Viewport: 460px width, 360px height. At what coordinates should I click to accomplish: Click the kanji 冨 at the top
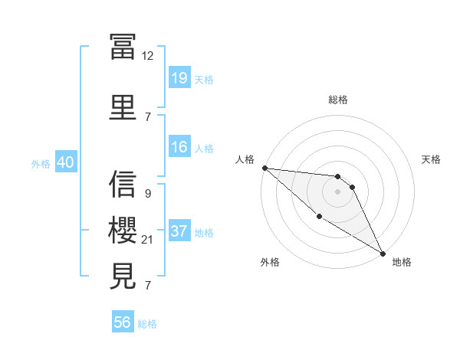pyautogui.click(x=123, y=46)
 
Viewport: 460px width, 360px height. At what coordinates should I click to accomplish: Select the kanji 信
pyautogui.click(x=123, y=184)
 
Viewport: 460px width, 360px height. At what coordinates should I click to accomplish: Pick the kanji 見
pyautogui.click(x=123, y=276)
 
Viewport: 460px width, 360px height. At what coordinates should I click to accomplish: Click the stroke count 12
pyautogui.click(x=148, y=55)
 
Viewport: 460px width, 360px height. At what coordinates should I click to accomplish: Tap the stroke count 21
pyautogui.click(x=148, y=240)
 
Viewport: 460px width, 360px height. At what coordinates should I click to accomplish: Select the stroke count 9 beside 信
pyautogui.click(x=147, y=194)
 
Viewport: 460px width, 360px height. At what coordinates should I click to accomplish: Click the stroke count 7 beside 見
pyautogui.click(x=147, y=286)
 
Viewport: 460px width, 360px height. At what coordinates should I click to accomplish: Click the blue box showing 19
pyautogui.click(x=179, y=78)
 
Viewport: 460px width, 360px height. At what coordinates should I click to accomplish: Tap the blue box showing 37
pyautogui.click(x=179, y=231)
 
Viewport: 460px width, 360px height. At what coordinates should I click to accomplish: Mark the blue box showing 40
pyautogui.click(x=64, y=162)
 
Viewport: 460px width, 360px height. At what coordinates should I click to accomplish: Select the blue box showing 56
pyautogui.click(x=122, y=322)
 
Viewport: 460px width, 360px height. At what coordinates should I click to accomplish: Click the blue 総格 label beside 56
pyautogui.click(x=147, y=323)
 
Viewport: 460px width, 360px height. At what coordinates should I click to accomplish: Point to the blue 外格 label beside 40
pyautogui.click(x=41, y=163)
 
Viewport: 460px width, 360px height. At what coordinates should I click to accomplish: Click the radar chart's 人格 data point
pyautogui.click(x=264, y=168)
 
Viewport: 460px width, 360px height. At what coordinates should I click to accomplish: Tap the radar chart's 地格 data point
pyautogui.click(x=383, y=252)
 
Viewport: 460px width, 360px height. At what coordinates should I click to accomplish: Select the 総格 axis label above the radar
pyautogui.click(x=337, y=100)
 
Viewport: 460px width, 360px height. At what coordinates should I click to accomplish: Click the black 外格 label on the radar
pyautogui.click(x=270, y=262)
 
